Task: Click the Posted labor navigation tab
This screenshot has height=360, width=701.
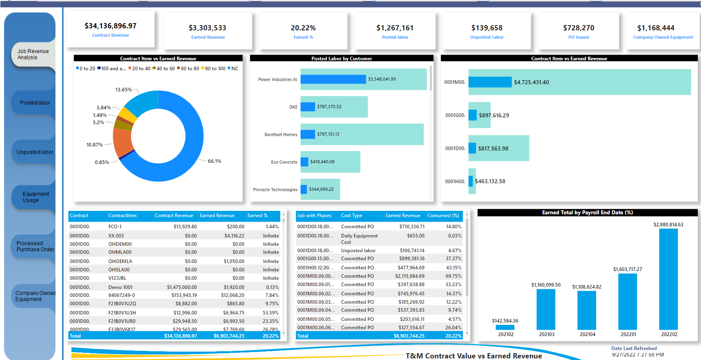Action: click(35, 103)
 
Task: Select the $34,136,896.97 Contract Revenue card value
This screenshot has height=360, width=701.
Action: click(111, 26)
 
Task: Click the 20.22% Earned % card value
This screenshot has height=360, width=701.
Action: click(303, 28)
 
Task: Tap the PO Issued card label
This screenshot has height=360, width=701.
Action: click(579, 37)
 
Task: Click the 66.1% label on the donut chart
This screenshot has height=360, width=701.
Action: click(214, 161)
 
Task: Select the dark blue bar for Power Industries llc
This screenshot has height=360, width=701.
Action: click(333, 79)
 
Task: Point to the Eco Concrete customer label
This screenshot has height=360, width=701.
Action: click(284, 162)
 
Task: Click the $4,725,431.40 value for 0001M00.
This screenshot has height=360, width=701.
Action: click(531, 82)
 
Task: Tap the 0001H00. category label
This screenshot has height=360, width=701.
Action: click(455, 182)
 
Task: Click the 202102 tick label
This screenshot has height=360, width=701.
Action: click(506, 334)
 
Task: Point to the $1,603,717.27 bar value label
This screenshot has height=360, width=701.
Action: click(627, 269)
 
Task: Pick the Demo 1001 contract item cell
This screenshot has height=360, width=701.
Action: click(120, 287)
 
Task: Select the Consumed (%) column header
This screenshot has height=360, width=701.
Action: click(443, 216)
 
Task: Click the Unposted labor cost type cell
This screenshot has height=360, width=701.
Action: click(358, 251)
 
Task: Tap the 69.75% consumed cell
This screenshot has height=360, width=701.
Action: click(453, 276)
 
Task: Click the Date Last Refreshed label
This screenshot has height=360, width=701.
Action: click(634, 348)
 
